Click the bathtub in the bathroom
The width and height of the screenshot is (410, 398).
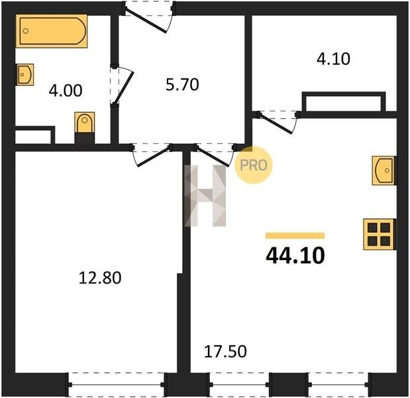coord(52,31)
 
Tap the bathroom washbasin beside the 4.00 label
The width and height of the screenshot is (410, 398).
coord(25,74)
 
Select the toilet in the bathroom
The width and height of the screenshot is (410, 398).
coord(85,127)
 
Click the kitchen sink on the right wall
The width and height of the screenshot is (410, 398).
coord(384,170)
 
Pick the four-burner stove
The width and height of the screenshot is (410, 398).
coord(380,234)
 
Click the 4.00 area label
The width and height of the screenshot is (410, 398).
coord(66,91)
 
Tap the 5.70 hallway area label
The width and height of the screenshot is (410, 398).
coord(182,85)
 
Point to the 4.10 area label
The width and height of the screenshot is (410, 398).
coord(333,59)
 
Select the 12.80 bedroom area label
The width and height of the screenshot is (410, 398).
coord(100,278)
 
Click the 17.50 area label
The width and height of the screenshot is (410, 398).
coord(225,352)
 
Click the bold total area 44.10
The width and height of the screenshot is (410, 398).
coord(295,255)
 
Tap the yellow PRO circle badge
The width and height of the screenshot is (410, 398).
coord(254,165)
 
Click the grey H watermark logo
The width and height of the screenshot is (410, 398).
coord(205,196)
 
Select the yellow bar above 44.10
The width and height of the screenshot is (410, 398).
coord(295,235)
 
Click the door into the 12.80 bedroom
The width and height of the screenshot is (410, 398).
coord(151,155)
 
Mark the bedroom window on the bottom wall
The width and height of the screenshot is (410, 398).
coord(117,384)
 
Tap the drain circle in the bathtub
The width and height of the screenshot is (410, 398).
coord(26,31)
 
